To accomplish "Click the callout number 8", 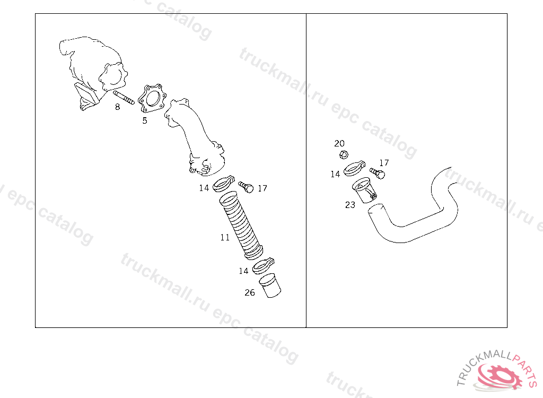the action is (x=117, y=107).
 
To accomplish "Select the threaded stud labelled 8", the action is (x=124, y=98).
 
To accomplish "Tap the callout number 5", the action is (x=145, y=120).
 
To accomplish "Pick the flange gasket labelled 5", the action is (x=152, y=99).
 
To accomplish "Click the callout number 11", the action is (x=225, y=238).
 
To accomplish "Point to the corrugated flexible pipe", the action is (x=241, y=226).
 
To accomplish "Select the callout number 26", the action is (x=250, y=292).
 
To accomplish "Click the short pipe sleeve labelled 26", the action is (x=270, y=285).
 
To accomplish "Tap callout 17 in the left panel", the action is (x=262, y=188).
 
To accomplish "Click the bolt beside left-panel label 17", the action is (x=246, y=187).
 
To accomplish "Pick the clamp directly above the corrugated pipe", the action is (x=223, y=184).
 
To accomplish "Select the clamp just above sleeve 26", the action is (x=263, y=265).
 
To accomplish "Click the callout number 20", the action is (x=339, y=143).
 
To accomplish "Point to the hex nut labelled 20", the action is (x=343, y=154).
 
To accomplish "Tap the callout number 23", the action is (x=350, y=205).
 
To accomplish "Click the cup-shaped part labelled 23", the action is (x=364, y=190).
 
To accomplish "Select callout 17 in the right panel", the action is (x=384, y=162).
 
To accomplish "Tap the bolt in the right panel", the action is (x=378, y=173).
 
